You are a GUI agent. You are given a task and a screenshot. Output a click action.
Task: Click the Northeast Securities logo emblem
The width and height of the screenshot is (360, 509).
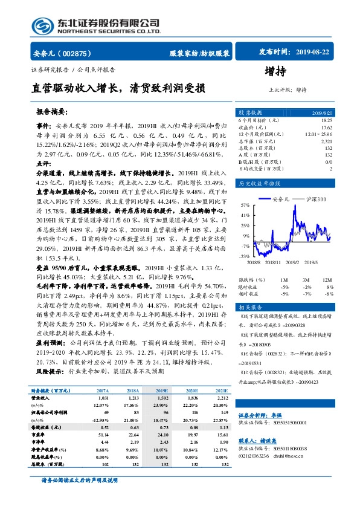pyautogui.click(x=42, y=25)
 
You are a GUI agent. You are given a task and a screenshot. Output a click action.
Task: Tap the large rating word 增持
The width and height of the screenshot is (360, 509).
pyautogui.click(x=275, y=71)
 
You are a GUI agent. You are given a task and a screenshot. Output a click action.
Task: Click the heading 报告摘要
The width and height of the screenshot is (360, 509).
pyautogui.click(x=51, y=112)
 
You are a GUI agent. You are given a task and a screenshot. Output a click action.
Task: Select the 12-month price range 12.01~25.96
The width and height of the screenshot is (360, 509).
pyautogui.click(x=318, y=134)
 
